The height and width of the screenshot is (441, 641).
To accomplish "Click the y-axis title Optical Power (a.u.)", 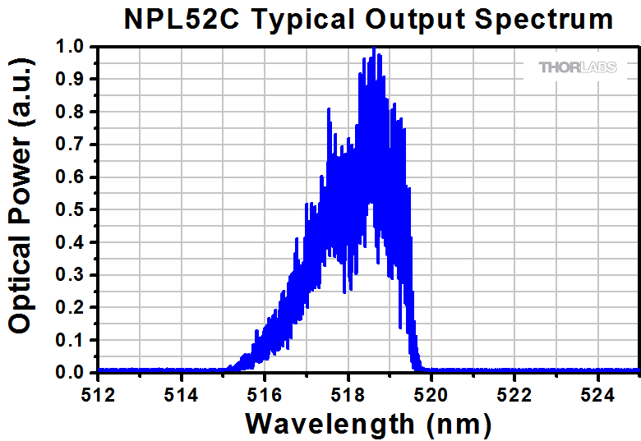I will point(20,211).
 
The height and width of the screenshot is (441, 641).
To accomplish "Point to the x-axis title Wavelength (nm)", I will point(368,424).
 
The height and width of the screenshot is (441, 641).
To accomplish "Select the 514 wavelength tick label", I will point(181,394).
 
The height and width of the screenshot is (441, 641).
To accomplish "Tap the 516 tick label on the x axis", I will point(265,394).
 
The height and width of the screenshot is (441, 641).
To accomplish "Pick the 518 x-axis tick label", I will point(348,394).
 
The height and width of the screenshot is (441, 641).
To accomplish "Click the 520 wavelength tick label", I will point(431,394).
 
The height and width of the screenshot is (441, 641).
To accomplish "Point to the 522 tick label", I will point(514,394).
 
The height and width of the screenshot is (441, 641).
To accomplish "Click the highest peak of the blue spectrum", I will point(374,49).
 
